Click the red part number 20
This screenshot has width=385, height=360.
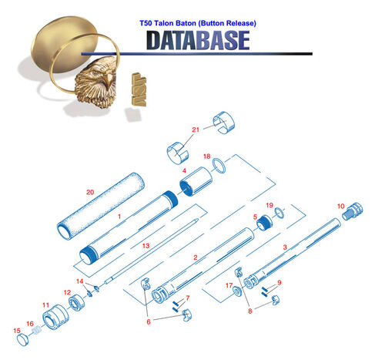coord(90,192)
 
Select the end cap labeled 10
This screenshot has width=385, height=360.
coord(353,211)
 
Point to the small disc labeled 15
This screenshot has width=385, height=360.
coord(23,340)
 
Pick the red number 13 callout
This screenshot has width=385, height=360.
coord(146,246)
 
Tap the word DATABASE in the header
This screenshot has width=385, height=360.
coord(198,40)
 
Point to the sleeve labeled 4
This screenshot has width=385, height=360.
coord(196,181)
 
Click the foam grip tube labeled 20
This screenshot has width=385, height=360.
coord(100,207)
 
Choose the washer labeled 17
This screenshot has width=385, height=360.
coord(237,291)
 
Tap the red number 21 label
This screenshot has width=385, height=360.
coord(196,130)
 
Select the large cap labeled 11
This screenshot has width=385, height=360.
coord(55,318)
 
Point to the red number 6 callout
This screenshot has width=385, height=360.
coord(149,321)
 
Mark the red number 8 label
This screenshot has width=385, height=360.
coord(250,311)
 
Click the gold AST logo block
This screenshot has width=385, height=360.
coord(139,89)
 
